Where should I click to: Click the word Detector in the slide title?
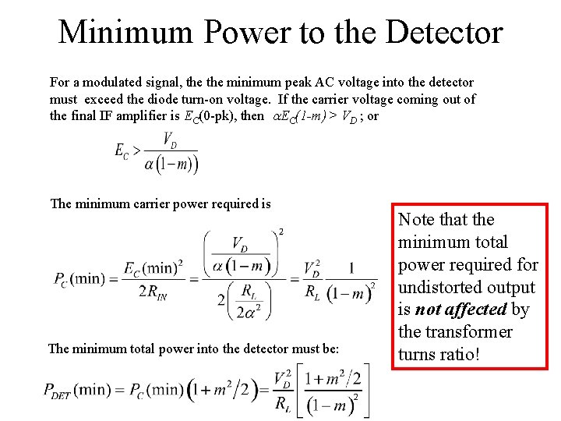[x=443, y=33]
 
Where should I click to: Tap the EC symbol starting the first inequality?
[x=122, y=152]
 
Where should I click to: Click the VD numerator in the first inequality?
[x=168, y=140]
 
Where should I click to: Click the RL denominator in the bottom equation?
[x=283, y=402]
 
